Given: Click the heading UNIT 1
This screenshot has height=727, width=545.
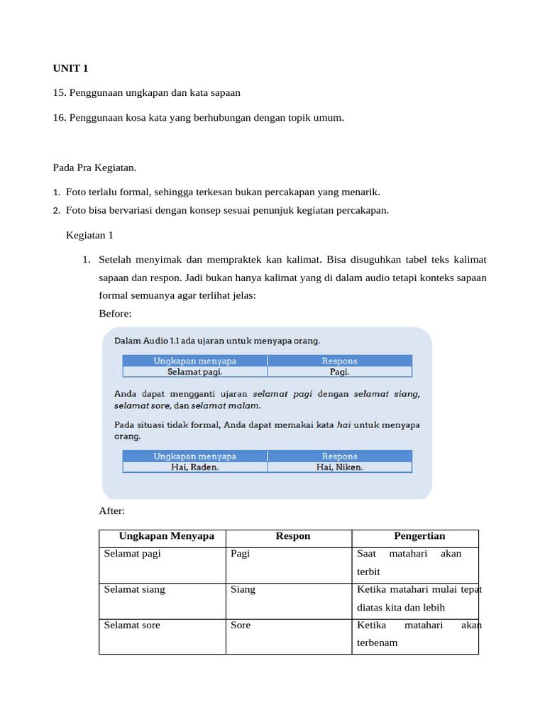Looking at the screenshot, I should coord(70,69).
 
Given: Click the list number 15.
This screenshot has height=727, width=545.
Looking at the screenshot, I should coord(60,93).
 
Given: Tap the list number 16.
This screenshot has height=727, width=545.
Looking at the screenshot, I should coord(60,118).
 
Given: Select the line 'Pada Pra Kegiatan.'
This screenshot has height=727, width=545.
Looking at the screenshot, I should coord(94,168).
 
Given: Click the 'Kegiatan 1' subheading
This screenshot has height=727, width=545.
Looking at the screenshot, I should coord(89,234).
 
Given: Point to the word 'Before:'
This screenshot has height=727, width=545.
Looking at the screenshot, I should coord(115,313).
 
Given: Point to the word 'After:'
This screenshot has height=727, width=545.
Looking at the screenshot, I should coord(112,510).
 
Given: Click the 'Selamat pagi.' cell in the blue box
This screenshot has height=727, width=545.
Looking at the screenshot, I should coord(194,371).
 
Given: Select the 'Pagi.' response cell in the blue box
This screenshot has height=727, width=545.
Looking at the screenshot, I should coord(339,371).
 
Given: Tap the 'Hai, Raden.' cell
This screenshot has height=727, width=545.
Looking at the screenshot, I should coord(194,467).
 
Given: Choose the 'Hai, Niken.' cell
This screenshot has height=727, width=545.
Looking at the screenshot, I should coord(339,467).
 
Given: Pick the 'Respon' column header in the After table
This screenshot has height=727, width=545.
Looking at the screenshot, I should coord(293,536).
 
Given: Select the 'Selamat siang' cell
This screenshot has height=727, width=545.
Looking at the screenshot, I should coord(134,589).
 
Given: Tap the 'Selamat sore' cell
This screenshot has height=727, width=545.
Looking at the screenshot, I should coord(132,625).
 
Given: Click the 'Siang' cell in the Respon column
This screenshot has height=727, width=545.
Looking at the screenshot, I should coord(243,589).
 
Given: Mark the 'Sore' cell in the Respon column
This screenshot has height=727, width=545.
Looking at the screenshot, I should coord(241,625).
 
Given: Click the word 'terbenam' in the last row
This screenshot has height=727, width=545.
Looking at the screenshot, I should coord(377,643).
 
